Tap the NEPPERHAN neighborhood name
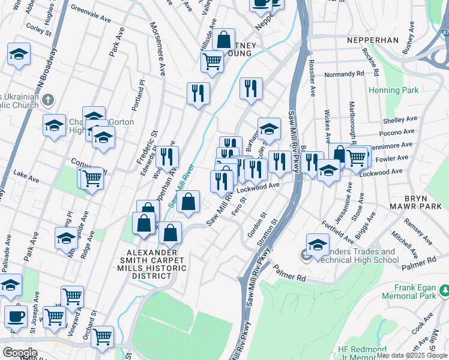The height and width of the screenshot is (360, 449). point(372,40)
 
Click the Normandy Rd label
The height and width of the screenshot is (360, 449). point(344,74)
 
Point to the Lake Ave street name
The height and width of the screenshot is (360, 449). point(26,179)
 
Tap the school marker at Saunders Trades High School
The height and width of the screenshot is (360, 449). point(318,244)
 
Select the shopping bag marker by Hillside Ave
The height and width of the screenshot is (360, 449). point(223,40)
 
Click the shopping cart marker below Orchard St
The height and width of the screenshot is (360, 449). point(103,336)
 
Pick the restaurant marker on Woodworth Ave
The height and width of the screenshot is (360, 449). point(167,157)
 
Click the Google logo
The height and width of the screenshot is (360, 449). point(20,353)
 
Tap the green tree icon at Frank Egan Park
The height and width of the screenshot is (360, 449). point(445,291)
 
